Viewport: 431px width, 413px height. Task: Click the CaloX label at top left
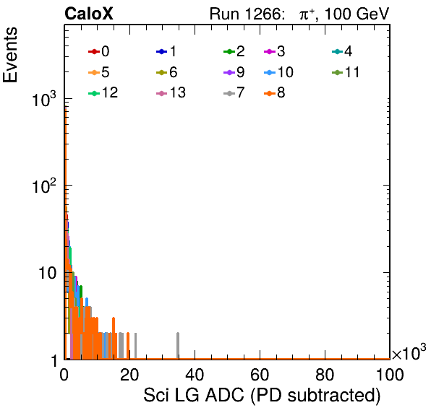click(89, 14)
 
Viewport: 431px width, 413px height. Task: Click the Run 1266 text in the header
click(245, 14)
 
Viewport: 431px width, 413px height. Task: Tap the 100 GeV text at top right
click(357, 14)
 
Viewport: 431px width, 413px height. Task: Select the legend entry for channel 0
click(99, 51)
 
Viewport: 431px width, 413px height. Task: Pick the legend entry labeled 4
click(342, 51)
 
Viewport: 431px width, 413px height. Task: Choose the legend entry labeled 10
click(278, 72)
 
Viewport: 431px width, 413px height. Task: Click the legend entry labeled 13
click(171, 93)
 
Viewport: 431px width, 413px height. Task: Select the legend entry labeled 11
click(346, 72)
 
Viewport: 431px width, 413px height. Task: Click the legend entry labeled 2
click(234, 51)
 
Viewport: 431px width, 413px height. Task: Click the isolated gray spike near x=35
click(178, 346)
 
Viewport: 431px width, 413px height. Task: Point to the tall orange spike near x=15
click(114, 338)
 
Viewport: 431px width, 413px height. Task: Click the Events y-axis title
click(10, 55)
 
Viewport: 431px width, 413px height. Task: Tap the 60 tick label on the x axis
click(260, 375)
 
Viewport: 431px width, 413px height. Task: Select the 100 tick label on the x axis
click(390, 375)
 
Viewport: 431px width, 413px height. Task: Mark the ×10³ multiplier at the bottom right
click(409, 352)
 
